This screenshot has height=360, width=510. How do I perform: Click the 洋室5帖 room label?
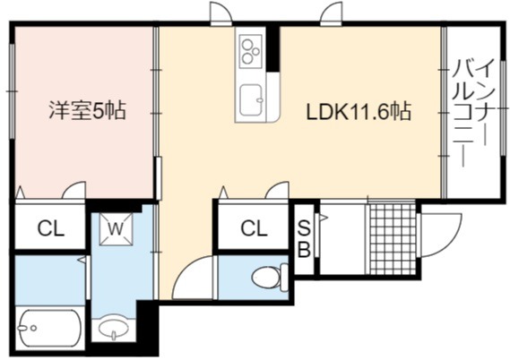point(87,110)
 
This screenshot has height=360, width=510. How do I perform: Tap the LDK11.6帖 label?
point(359,111)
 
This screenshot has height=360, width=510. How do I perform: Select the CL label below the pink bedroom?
point(50,229)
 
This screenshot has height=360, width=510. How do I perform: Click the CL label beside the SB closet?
point(254,228)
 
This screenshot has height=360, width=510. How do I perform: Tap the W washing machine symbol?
point(116,229)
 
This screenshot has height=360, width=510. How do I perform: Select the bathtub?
point(50,329)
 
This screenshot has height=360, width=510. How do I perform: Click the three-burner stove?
point(250,52)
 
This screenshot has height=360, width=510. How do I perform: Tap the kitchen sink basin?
point(251,100)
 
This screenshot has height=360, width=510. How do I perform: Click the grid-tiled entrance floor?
point(392,239)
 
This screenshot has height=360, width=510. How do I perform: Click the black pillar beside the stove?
point(273,48)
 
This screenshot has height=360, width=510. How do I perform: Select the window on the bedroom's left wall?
point(12,91)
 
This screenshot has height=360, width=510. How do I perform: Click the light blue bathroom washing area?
point(50,280)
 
